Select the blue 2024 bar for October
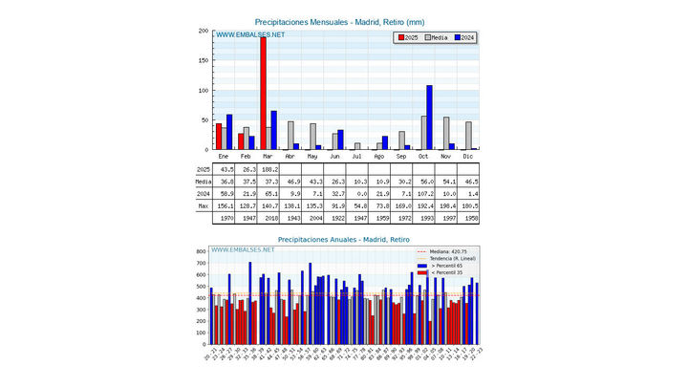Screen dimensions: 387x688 pos(429,118)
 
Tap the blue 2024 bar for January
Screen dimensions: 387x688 pos(229,132)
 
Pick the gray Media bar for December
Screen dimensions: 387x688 pos(468,136)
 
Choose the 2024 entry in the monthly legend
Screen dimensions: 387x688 pos(465,37)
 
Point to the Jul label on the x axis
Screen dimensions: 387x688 pos(356,156)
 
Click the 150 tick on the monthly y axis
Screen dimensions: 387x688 pos(203,60)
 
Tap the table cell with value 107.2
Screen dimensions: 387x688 pos(423,193)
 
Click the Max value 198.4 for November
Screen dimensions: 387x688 pos(445,205)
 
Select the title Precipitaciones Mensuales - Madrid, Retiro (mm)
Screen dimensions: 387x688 pos(340,21)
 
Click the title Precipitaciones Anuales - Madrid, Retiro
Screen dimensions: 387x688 pos(340,239)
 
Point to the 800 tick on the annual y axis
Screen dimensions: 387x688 pos(201,251)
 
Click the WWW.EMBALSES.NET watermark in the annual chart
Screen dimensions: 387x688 pos(243,250)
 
